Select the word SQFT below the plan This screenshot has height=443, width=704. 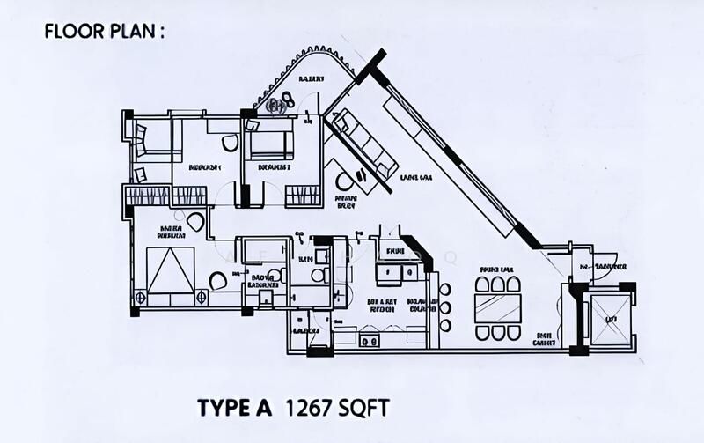[x=360, y=409]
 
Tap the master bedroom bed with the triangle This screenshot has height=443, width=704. [x=171, y=270]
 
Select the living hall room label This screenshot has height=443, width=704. [x=415, y=177]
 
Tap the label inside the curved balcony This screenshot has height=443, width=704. [x=310, y=79]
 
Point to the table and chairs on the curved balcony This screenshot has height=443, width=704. [x=281, y=104]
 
